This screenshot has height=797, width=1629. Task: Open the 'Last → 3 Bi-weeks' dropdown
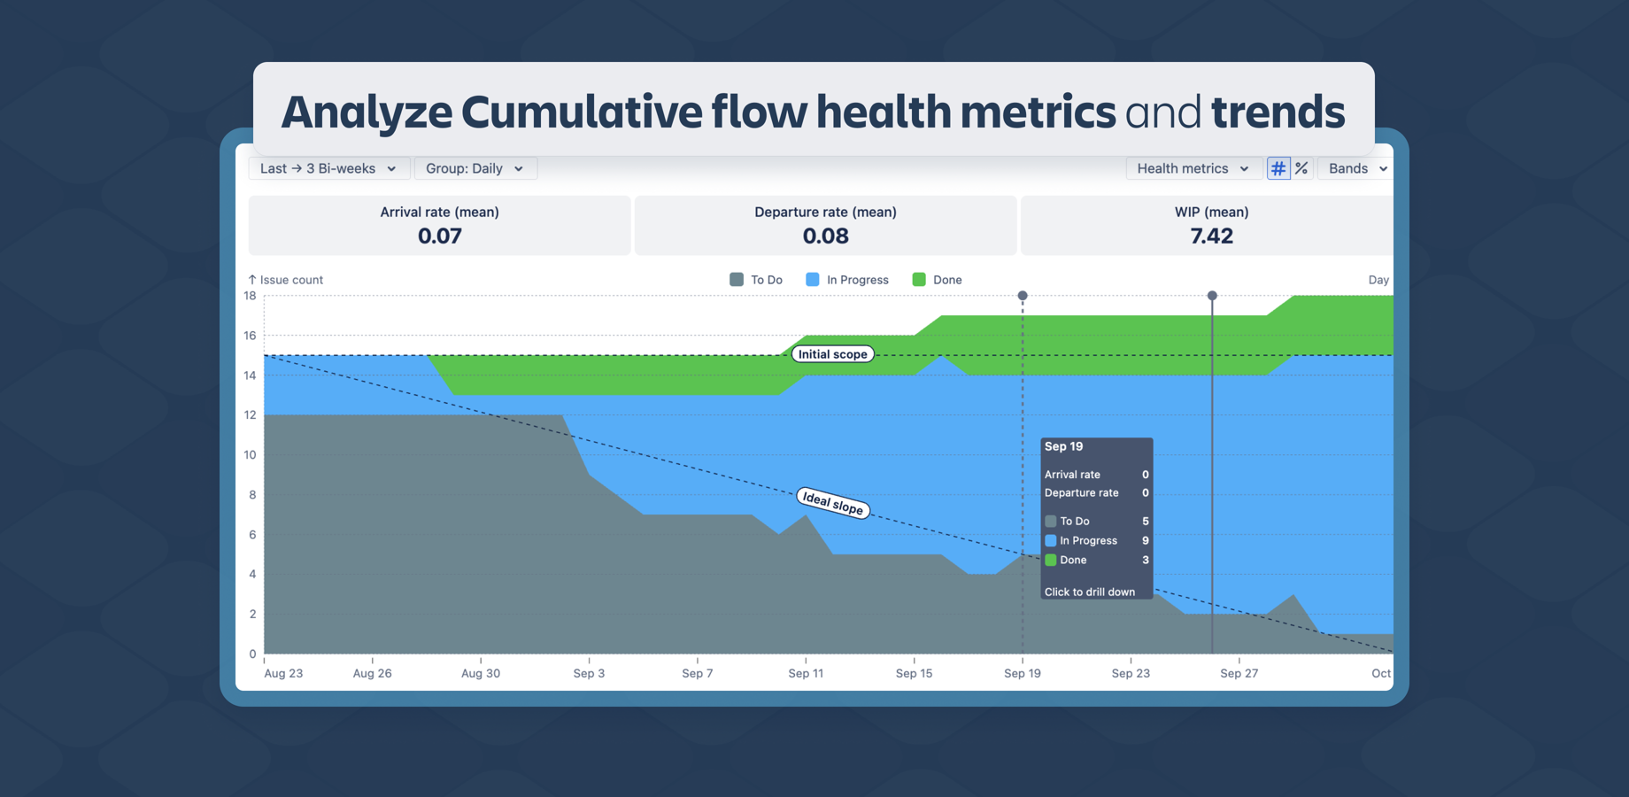(328, 168)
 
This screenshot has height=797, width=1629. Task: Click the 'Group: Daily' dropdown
(475, 168)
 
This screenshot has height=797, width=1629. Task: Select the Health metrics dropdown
(1193, 168)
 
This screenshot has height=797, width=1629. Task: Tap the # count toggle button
(1278, 168)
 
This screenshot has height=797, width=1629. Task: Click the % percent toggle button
(1301, 168)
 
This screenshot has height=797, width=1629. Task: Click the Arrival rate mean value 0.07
(439, 236)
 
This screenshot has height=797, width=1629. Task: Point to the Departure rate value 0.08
(825, 236)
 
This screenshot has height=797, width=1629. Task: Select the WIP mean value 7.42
(1211, 236)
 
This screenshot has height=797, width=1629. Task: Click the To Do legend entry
(757, 280)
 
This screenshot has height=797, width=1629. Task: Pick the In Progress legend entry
(847, 280)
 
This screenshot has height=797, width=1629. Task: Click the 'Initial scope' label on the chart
(832, 354)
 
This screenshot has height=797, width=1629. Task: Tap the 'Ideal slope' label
(832, 503)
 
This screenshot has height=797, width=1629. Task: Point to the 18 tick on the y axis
(251, 296)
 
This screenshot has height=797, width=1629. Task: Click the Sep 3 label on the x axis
(589, 673)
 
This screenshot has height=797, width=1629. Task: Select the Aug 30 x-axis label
(481, 673)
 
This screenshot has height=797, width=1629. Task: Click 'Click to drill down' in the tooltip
(1089, 592)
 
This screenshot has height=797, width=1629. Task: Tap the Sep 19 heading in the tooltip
(1063, 446)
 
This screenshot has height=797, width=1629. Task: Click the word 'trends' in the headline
(1278, 112)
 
